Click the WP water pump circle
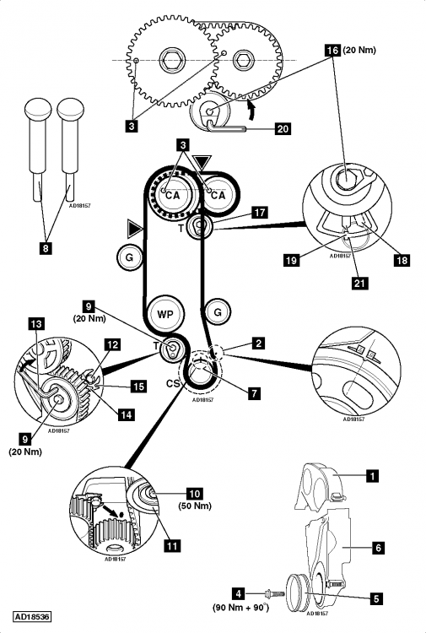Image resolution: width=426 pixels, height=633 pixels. pyautogui.click(x=165, y=313)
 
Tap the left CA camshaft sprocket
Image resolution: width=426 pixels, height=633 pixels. pyautogui.click(x=173, y=195)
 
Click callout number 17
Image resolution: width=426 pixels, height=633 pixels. pyautogui.click(x=259, y=214)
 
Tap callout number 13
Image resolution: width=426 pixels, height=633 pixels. pyautogui.click(x=36, y=323)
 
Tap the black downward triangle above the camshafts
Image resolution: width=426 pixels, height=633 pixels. pyautogui.click(x=202, y=160)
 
